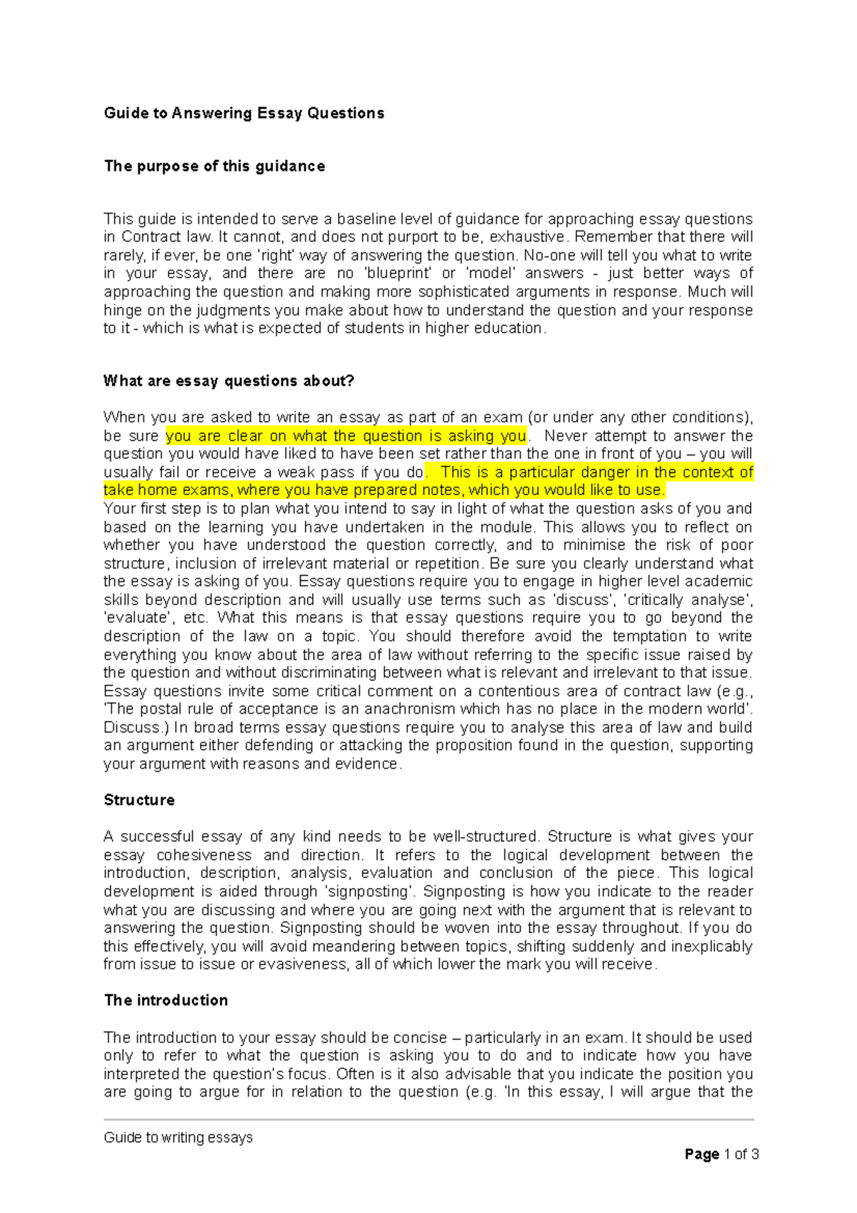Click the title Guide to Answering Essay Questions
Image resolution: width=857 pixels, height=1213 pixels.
(x=244, y=113)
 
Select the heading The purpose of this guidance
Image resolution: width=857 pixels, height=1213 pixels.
(x=214, y=166)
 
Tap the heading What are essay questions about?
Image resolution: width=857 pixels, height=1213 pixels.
(x=229, y=381)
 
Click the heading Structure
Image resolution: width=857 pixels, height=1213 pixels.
(x=139, y=800)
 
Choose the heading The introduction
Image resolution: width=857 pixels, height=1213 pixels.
(x=166, y=1000)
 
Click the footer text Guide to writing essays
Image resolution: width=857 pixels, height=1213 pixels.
(x=178, y=1137)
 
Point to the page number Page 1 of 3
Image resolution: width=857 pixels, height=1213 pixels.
(x=721, y=1154)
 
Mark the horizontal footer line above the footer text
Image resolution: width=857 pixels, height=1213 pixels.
(x=428, y=1119)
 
